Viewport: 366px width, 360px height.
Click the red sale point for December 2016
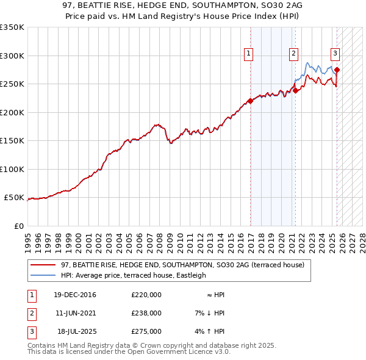point(251,101)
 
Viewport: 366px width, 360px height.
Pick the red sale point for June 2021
point(295,91)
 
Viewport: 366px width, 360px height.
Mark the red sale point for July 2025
point(337,70)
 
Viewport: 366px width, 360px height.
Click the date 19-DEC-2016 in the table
point(74,295)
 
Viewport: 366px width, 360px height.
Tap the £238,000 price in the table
point(146,313)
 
